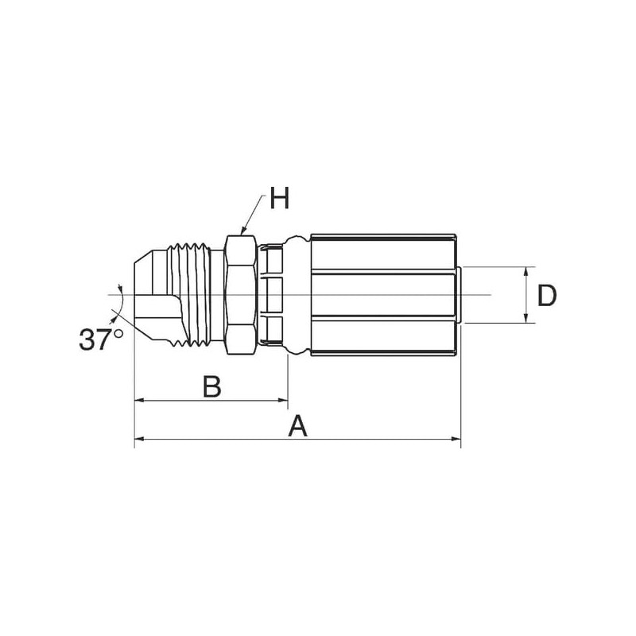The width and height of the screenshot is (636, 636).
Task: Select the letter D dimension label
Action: [x=546, y=296]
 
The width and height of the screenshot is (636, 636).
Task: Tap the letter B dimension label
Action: [x=211, y=386]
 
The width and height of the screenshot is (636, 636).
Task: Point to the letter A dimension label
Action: [x=297, y=426]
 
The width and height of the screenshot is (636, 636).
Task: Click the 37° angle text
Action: [x=101, y=339]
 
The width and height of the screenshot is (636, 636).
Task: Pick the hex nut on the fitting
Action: [x=241, y=295]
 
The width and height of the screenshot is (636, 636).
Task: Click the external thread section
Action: [x=192, y=295]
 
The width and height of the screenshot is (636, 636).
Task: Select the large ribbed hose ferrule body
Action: [x=383, y=295]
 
